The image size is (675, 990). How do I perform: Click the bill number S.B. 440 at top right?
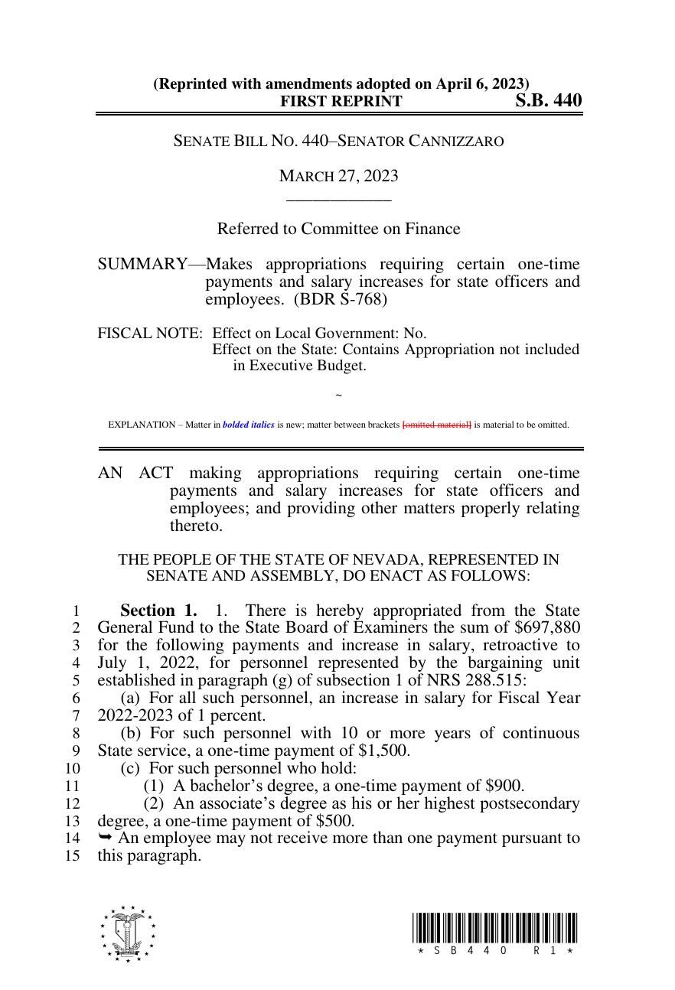pyautogui.click(x=547, y=101)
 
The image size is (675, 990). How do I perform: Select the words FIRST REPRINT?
pyautogui.click(x=341, y=102)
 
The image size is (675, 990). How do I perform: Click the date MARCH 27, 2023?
pyautogui.click(x=338, y=176)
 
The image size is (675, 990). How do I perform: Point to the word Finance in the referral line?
pyautogui.click(x=434, y=229)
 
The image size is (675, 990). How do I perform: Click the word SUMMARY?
pyautogui.click(x=142, y=265)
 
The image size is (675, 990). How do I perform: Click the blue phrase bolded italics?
pyautogui.click(x=248, y=425)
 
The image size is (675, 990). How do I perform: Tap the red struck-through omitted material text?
pyautogui.click(x=437, y=425)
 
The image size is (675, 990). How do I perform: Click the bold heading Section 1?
pyautogui.click(x=158, y=611)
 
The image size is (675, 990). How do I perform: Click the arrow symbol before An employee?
pyautogui.click(x=105, y=838)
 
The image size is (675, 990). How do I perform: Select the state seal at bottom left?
pyautogui.click(x=127, y=933)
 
